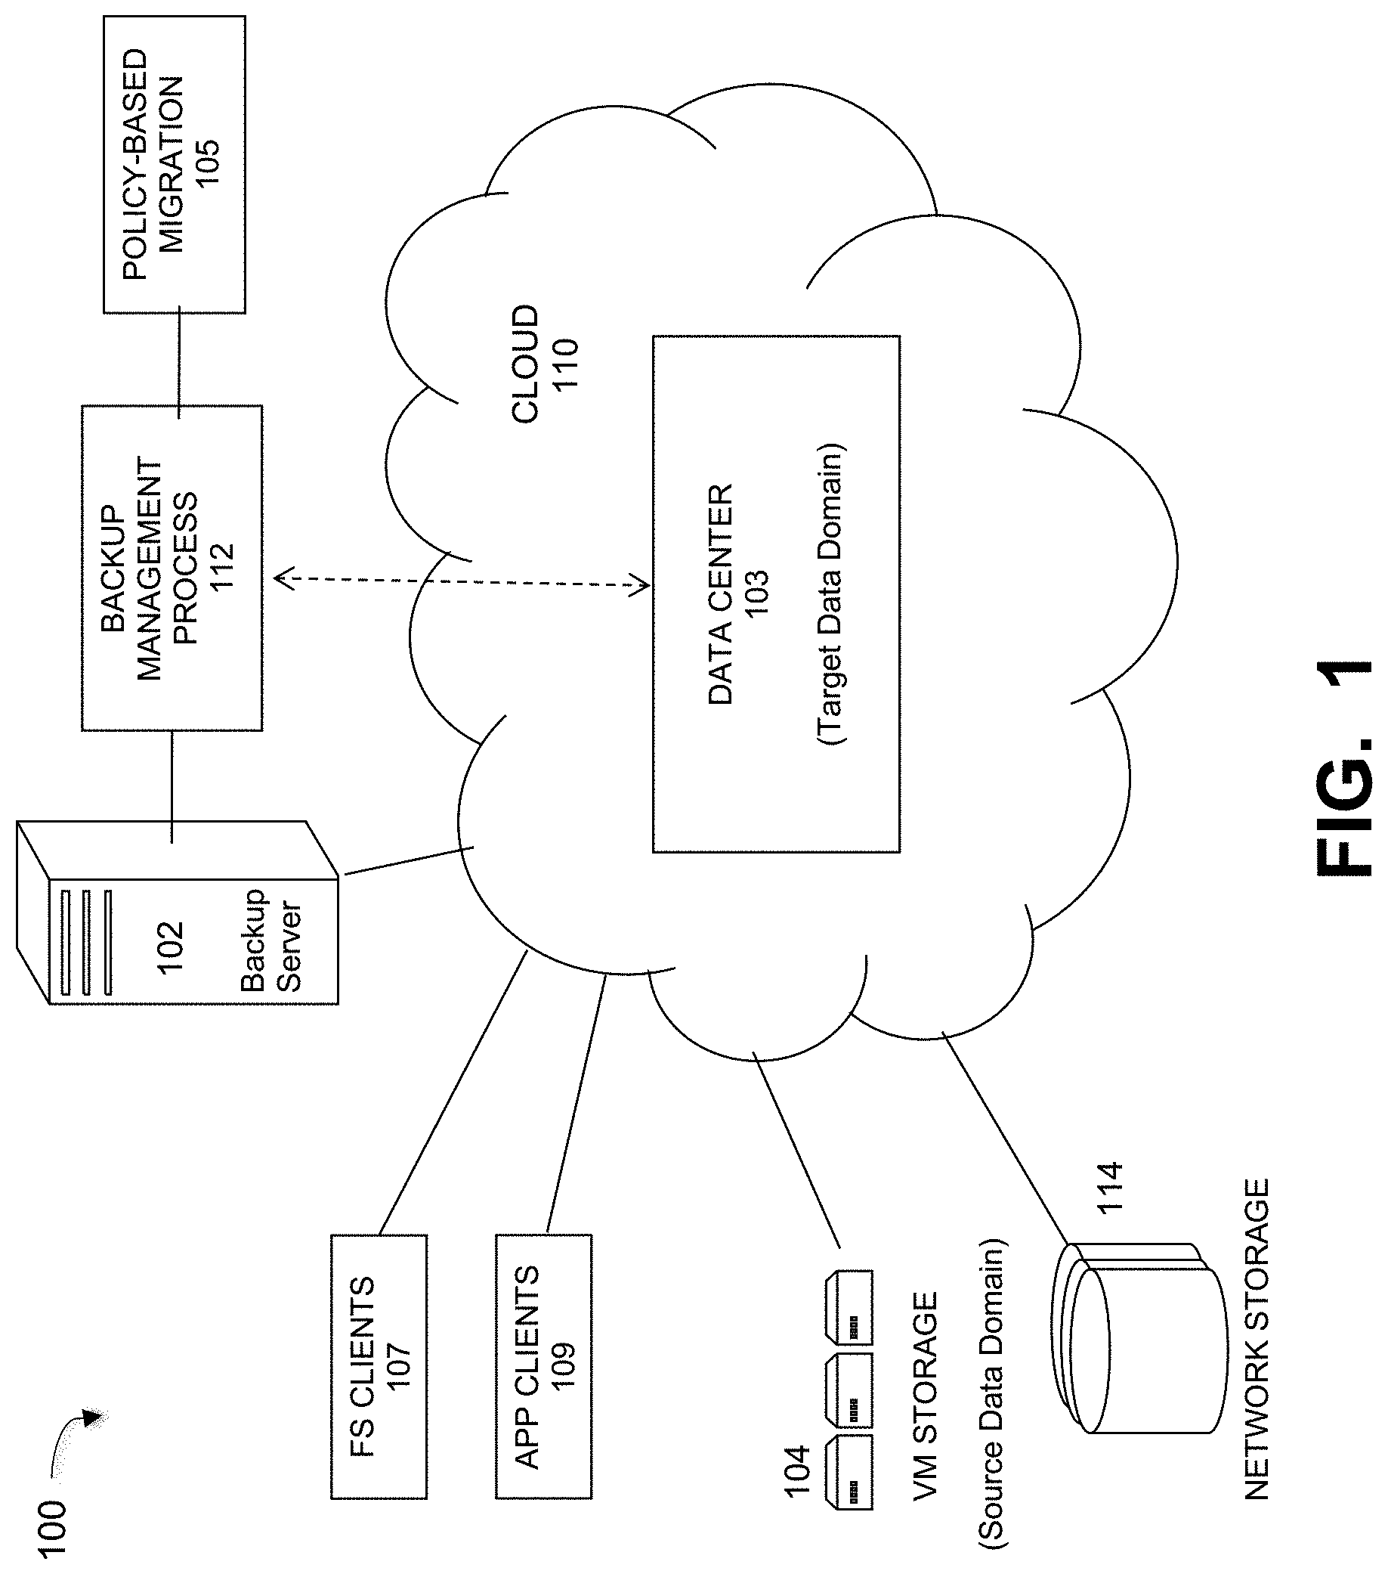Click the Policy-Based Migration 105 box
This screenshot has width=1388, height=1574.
point(174,164)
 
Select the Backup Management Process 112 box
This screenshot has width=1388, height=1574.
point(172,568)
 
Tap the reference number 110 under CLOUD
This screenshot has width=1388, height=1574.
point(566,364)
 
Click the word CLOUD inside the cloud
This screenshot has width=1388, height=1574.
point(526,364)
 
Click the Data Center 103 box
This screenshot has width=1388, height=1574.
point(776,593)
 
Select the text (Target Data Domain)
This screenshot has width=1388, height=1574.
point(830,593)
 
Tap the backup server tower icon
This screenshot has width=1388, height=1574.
point(177,912)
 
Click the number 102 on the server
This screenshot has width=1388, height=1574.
point(171,947)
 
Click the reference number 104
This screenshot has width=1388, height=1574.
point(798,1471)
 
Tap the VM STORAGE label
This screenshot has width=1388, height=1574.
point(926,1395)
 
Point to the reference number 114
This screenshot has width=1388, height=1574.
point(1110,1188)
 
